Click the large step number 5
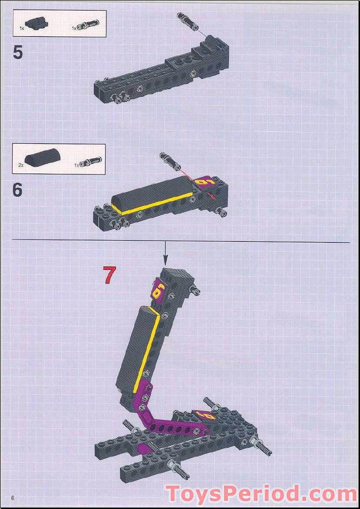point(18,52)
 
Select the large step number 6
point(18,189)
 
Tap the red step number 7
point(109,275)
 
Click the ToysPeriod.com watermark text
point(262,494)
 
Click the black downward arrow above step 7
point(165,252)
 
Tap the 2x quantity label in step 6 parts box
point(21,165)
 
